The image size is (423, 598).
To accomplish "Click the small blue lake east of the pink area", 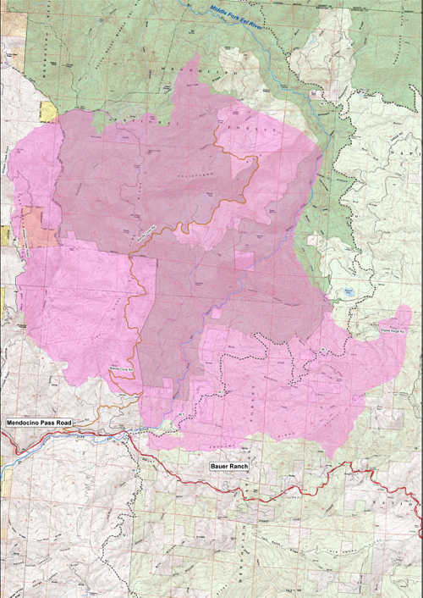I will (x=343, y=292).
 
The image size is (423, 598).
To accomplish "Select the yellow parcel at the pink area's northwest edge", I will (x=48, y=111).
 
